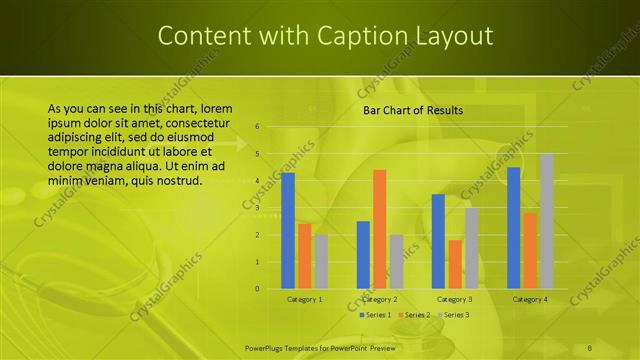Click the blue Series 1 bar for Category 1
pyautogui.click(x=288, y=231)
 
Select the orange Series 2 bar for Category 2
pyautogui.click(x=380, y=229)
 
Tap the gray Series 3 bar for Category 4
pyautogui.click(x=547, y=221)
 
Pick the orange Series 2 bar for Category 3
pyautogui.click(x=455, y=264)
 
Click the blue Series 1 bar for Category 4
pyautogui.click(x=513, y=228)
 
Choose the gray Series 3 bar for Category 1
pyautogui.click(x=321, y=262)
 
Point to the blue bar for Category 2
pyautogui.click(x=363, y=255)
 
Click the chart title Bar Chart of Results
pyautogui.click(x=412, y=110)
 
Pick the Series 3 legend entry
pyautogui.click(x=453, y=315)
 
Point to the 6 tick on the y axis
pyautogui.click(x=257, y=127)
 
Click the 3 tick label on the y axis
pyautogui.click(x=257, y=208)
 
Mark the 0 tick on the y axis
pyautogui.click(x=257, y=289)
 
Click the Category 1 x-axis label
pyautogui.click(x=304, y=299)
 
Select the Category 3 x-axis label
pyautogui.click(x=455, y=299)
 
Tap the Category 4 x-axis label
pyautogui.click(x=530, y=299)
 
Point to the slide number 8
pyautogui.click(x=591, y=347)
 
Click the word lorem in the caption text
pyautogui.click(x=217, y=108)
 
